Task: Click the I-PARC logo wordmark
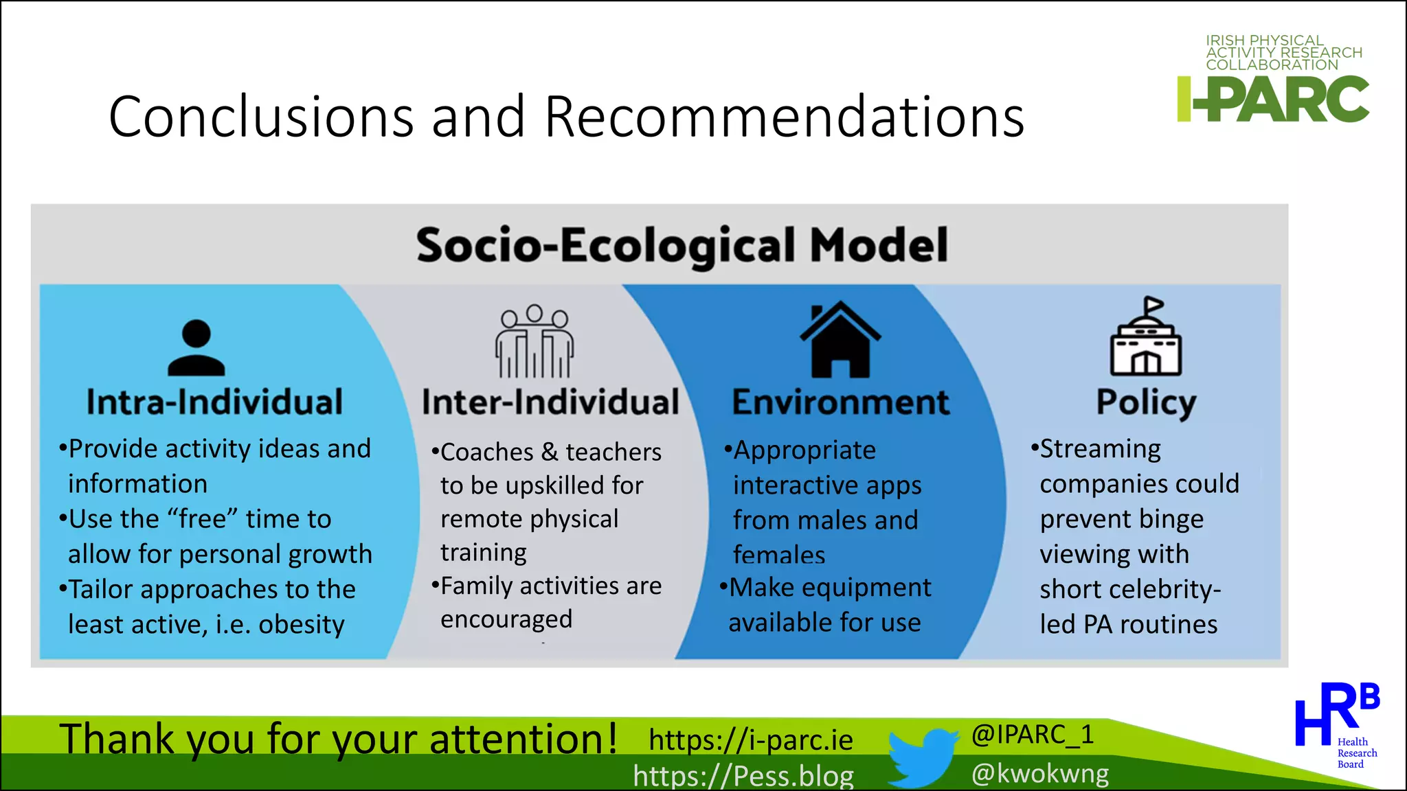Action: [x=1272, y=100]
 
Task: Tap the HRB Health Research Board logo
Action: [x=1336, y=724]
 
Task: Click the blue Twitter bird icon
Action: [x=921, y=757]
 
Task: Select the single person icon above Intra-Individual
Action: [x=196, y=347]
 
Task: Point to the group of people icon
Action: [x=534, y=341]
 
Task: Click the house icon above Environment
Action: [x=840, y=339]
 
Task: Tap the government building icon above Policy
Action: [x=1146, y=337]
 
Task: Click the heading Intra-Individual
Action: [x=214, y=402]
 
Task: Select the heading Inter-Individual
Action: [x=550, y=402]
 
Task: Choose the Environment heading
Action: [x=840, y=402]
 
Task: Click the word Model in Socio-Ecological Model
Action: [x=879, y=245]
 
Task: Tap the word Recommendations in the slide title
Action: [x=784, y=117]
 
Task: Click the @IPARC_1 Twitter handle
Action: [x=1032, y=735]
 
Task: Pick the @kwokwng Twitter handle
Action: [x=1040, y=774]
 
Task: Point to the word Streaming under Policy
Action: [x=1100, y=449]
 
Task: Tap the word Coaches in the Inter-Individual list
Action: [x=486, y=452]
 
